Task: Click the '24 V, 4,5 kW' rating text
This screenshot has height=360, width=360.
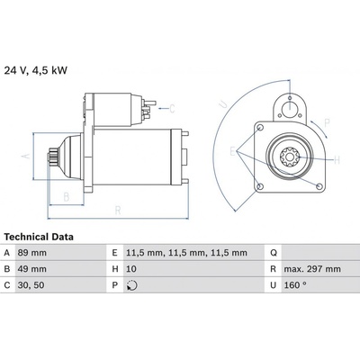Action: (x=36, y=70)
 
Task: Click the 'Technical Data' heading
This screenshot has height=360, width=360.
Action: (x=39, y=237)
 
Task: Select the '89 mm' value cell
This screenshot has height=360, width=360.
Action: (x=32, y=253)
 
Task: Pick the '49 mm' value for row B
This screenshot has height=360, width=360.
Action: (x=32, y=269)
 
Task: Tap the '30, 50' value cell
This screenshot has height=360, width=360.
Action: (x=31, y=285)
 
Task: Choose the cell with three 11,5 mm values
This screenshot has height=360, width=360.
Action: (x=186, y=253)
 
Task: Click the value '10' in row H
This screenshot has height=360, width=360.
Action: (x=131, y=269)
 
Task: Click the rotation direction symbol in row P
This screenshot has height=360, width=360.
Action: (x=132, y=285)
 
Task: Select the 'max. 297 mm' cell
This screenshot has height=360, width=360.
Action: (x=312, y=269)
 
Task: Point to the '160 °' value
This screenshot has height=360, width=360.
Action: (x=295, y=285)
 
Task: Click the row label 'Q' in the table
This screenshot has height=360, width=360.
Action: (x=274, y=253)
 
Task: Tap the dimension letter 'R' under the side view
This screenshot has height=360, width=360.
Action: (x=118, y=211)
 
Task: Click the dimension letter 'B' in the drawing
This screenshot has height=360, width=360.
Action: (x=67, y=197)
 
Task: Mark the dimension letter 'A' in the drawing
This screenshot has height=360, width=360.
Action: (x=26, y=156)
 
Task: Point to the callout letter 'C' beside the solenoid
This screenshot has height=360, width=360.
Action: (x=172, y=109)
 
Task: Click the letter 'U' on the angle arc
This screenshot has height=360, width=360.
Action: (x=223, y=103)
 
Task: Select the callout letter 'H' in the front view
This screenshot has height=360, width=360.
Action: (x=337, y=160)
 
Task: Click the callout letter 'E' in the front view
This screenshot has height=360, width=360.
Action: (x=233, y=151)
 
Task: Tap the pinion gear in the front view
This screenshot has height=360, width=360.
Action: (x=290, y=157)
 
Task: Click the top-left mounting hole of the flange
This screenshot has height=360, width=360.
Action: (x=260, y=128)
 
